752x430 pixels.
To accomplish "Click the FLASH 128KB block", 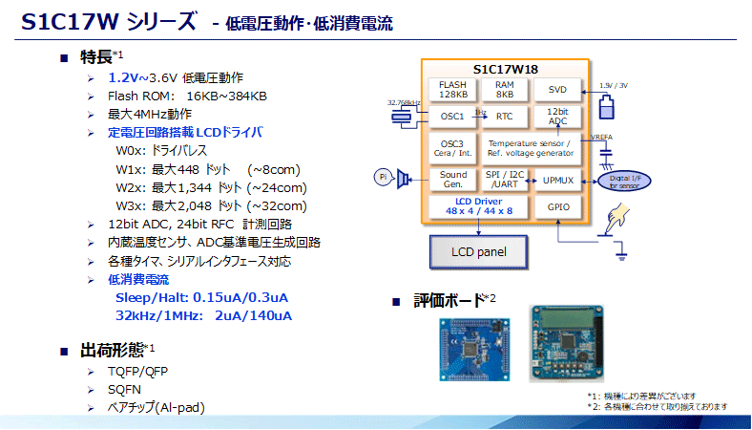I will pos(453,90).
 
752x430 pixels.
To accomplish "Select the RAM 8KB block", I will pos(504,90).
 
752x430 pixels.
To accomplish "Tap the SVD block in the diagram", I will pos(557,90).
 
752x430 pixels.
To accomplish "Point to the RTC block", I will pos(504,117).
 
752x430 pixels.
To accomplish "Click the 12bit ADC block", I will pos(557,117).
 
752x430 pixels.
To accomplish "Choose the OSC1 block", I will pos(453,117).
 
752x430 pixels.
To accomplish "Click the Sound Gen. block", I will pos(453,179).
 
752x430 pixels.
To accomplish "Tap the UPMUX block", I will pos(557,179).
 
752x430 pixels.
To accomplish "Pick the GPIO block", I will pos(557,205).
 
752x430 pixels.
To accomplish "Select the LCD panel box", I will pos(478,253).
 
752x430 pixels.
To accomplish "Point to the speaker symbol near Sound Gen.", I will pos(405,177).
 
